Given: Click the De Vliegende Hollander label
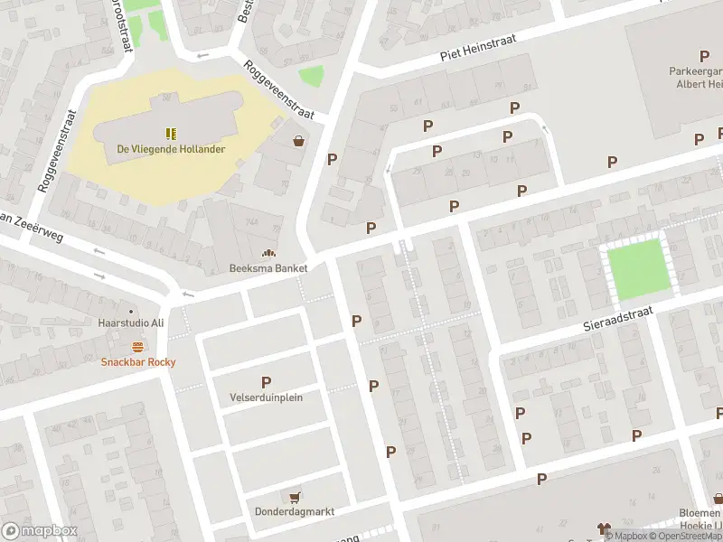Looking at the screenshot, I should point(171,149).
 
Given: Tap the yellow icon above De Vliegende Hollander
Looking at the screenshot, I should point(171,133).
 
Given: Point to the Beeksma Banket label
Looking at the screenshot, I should point(268,268).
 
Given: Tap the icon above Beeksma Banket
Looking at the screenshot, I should point(268,253).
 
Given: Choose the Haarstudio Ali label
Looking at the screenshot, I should point(130,322).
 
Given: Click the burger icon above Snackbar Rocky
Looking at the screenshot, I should point(137,346).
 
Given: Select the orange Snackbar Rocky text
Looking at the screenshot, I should point(137,362).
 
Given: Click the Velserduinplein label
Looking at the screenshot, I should point(267,397).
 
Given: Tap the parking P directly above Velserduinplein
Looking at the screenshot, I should point(267,382).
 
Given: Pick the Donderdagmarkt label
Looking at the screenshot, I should point(294,511).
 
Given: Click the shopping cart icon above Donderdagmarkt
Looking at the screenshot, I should point(294,496).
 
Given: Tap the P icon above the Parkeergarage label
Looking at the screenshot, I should point(704,56).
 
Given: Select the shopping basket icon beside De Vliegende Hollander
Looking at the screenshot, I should point(298,140).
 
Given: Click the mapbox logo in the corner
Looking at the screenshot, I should point(39,530).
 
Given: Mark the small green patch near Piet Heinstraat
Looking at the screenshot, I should point(310,77).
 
